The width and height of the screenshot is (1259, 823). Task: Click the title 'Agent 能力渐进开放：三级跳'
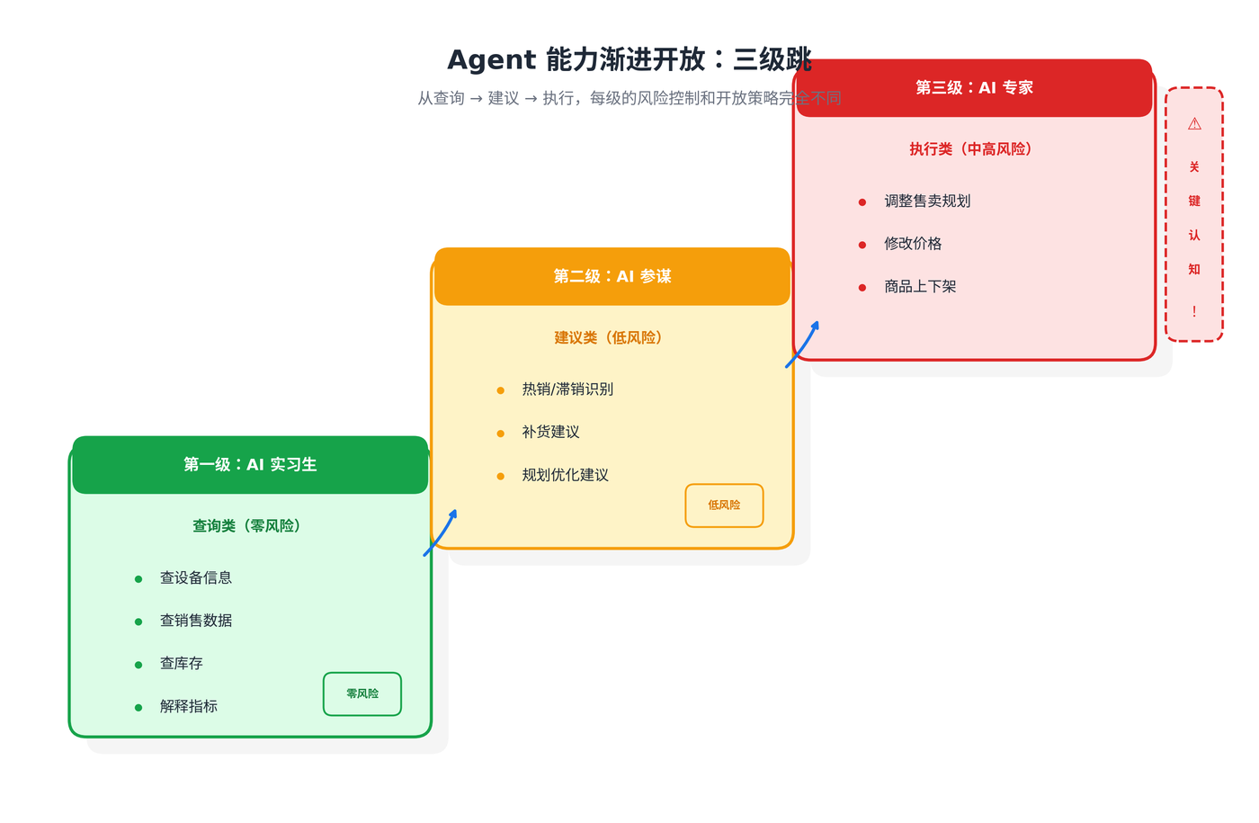click(629, 59)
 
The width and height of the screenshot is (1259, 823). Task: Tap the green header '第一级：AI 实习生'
click(250, 465)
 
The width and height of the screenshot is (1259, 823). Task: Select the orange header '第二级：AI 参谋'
click(612, 276)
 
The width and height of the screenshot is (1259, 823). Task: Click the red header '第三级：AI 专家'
click(974, 87)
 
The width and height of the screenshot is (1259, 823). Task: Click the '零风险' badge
click(362, 694)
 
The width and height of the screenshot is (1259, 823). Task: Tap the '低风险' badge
click(724, 505)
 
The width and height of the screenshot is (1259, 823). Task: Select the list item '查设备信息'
click(196, 578)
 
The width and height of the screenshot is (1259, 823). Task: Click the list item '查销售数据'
click(196, 621)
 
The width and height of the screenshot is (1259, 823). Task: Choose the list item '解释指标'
click(189, 707)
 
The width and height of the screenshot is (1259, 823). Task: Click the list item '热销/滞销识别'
click(567, 389)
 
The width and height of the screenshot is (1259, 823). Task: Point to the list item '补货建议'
click(550, 433)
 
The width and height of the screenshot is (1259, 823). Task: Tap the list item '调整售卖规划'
click(927, 201)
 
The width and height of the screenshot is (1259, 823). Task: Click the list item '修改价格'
click(913, 244)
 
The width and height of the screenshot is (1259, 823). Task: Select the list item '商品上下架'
click(920, 287)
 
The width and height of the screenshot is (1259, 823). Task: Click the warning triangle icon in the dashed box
click(1194, 124)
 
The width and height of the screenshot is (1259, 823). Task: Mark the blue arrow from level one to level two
click(441, 532)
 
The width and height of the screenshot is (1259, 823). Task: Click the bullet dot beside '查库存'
click(138, 666)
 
